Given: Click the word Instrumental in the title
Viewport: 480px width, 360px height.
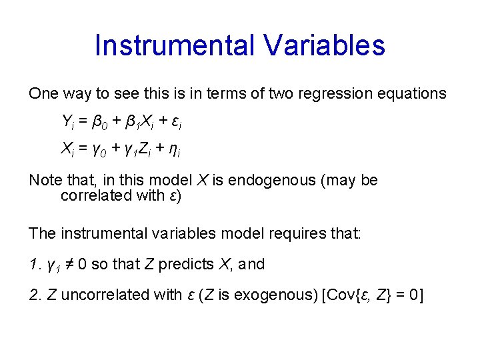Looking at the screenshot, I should [174, 46].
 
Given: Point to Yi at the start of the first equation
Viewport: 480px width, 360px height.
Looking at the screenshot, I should [67, 122].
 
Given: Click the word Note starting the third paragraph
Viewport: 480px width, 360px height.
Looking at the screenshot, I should [44, 181].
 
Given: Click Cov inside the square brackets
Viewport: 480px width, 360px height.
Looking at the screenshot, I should [341, 295].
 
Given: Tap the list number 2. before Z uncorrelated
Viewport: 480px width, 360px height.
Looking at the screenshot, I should [35, 295].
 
